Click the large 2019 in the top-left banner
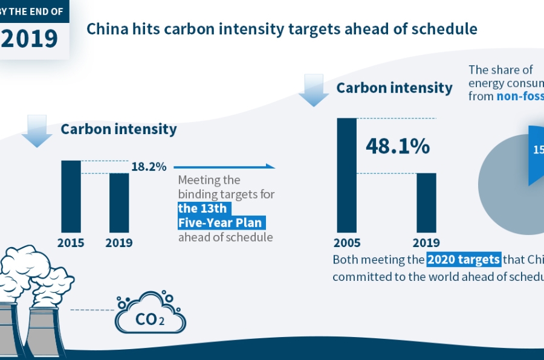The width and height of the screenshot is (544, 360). coord(30,38)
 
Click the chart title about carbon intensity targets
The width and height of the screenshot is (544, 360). coord(282,29)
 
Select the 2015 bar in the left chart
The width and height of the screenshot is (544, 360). coord(71,196)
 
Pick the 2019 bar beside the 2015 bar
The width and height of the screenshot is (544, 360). coord(119,202)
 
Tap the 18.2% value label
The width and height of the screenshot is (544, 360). coord(149,167)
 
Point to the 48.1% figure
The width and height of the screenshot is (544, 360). coord(398,146)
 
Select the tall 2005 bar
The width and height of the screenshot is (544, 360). coord(347,175)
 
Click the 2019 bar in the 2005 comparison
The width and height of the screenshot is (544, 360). coord(427,202)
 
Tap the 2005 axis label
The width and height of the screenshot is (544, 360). coord(347,243)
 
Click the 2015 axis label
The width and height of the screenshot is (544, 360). coord(71,243)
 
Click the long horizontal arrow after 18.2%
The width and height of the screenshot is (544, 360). coord(224,166)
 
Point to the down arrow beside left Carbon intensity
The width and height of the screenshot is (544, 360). coord(37,131)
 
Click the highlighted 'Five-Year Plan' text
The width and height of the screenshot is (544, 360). coord(221,223)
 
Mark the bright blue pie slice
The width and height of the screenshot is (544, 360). coord(536,154)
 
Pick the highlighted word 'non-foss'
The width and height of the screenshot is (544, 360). coord(520,95)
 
